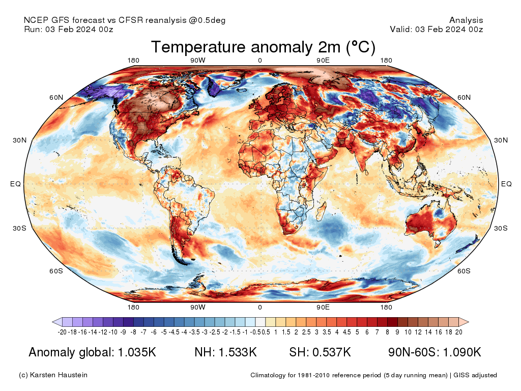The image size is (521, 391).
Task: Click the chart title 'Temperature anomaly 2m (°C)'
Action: (263, 47)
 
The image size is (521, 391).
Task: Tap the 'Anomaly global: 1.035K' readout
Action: (92, 352)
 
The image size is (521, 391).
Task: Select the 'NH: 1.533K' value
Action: (225, 352)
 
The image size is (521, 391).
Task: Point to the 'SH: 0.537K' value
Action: (320, 352)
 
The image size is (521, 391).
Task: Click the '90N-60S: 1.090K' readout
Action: (435, 352)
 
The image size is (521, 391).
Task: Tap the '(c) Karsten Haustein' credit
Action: (53, 375)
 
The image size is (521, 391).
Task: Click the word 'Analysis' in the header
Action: (466, 20)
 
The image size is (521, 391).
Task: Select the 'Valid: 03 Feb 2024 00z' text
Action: (436, 29)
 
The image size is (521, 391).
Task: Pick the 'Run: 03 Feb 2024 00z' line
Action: (69, 29)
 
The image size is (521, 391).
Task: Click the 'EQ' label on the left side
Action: (15, 184)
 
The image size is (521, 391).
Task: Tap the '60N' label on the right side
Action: (464, 97)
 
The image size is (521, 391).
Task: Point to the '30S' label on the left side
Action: (19, 228)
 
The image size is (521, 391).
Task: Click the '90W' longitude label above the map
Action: (197, 61)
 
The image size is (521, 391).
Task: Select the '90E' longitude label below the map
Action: (323, 308)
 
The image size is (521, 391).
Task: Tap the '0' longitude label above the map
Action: (260, 61)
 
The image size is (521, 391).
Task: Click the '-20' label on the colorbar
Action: (63, 332)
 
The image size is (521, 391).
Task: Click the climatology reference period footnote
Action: (373, 375)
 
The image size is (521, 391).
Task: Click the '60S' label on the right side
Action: (464, 271)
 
